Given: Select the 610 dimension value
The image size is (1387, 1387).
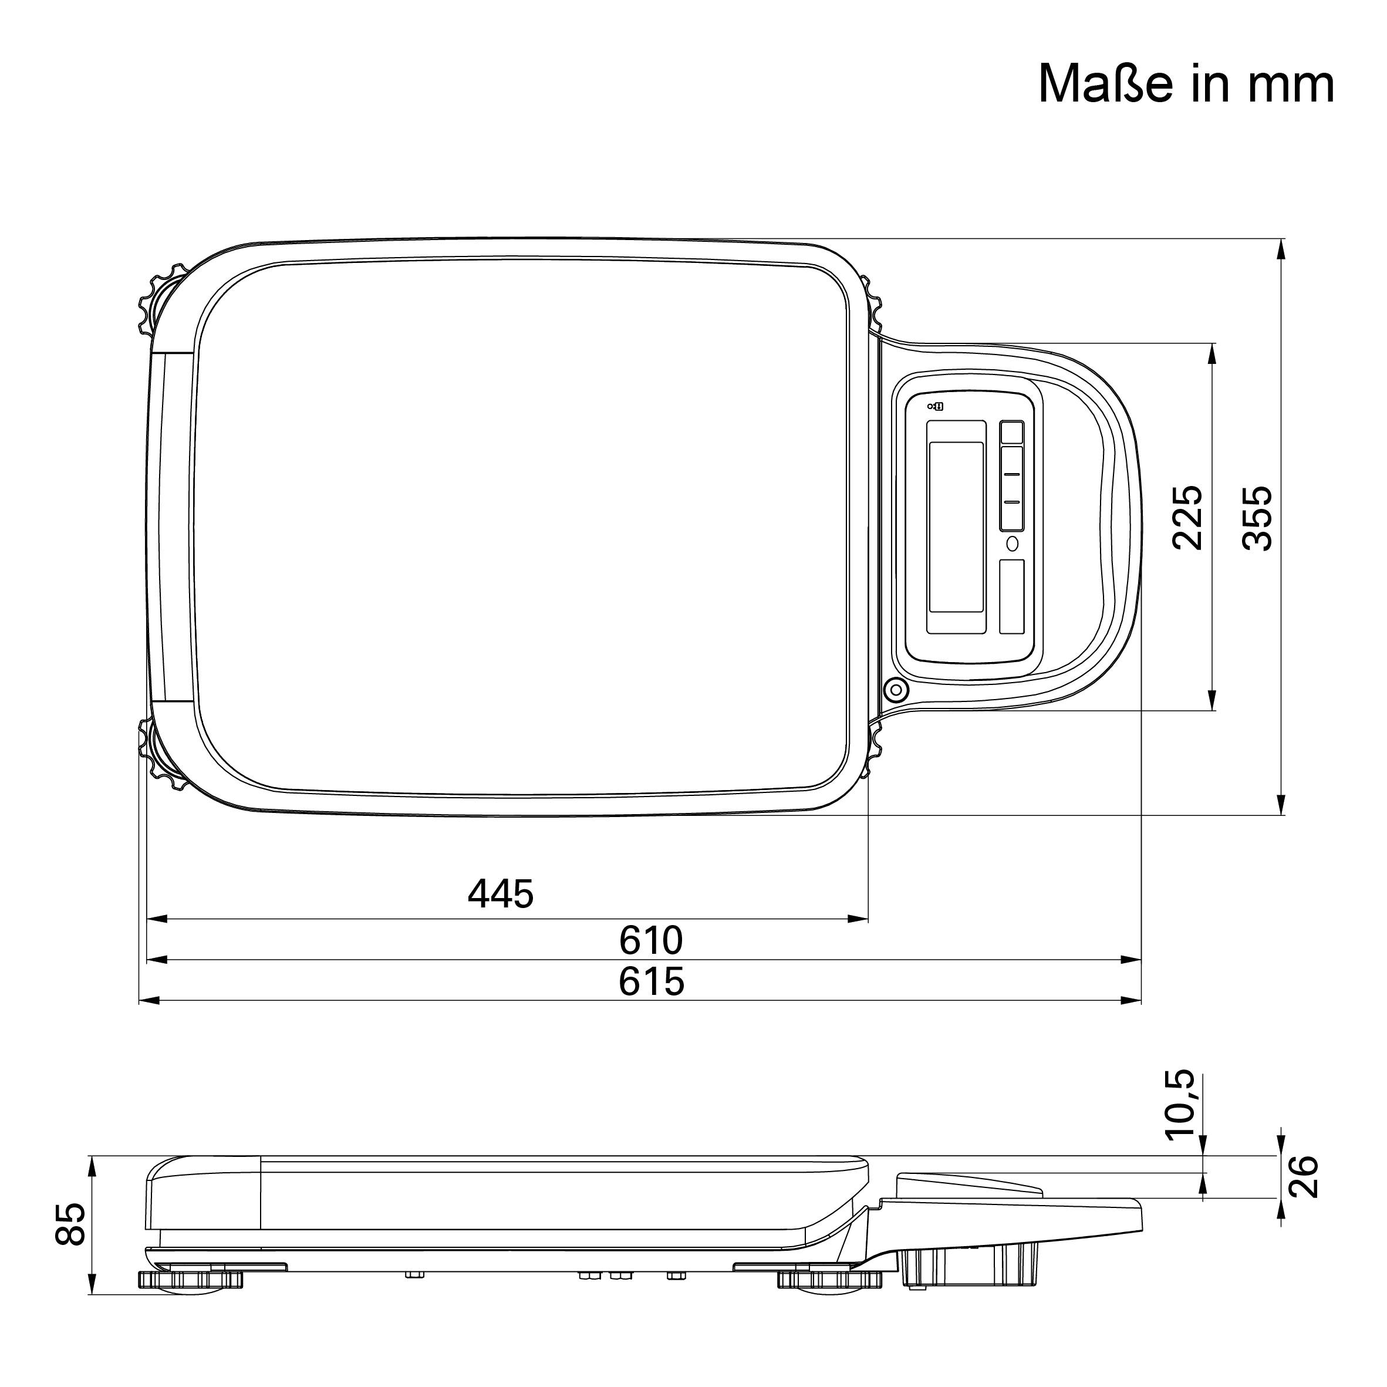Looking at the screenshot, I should [x=650, y=940].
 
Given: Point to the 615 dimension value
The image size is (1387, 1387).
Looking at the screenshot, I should [x=650, y=982].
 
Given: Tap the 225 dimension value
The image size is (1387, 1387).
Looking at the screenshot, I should [x=1187, y=518].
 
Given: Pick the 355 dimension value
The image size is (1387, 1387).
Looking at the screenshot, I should [x=1257, y=519].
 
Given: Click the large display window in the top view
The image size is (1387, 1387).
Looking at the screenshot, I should [x=956, y=527].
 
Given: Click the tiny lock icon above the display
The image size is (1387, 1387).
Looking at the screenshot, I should [x=936, y=406].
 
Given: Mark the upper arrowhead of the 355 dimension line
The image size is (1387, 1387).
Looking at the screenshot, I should [x=1281, y=248].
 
